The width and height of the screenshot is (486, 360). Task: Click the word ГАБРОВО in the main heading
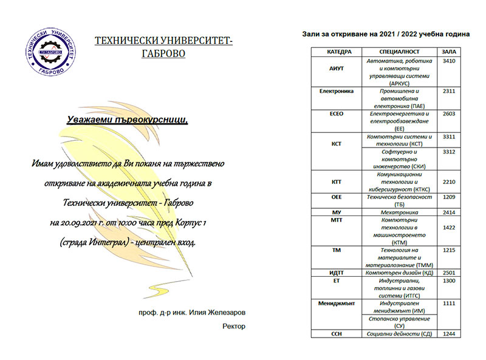point(163,53)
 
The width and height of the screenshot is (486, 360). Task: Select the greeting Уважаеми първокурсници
point(128,120)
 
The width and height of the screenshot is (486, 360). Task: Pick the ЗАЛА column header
point(449,52)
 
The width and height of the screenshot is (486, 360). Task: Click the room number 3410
point(450,62)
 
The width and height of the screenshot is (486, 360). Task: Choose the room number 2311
point(450,91)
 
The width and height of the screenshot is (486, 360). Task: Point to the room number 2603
point(450,114)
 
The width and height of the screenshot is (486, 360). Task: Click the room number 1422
point(450,228)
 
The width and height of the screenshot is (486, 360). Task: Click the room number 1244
point(450,333)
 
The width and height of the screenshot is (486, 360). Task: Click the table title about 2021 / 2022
point(385,35)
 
